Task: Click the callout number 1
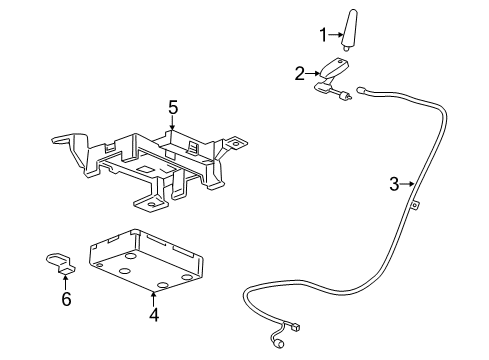tap(323, 36)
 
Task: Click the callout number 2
tap(298, 72)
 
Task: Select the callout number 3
tap(395, 183)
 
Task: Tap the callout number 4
tap(154, 315)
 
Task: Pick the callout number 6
tap(66, 299)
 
